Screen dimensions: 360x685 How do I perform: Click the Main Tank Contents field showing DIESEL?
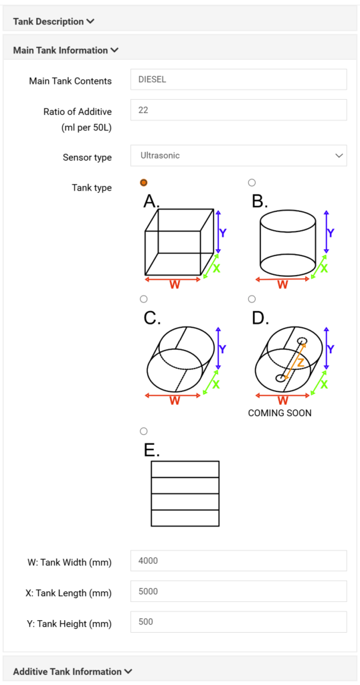[238, 80]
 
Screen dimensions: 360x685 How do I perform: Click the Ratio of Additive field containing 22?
[238, 110]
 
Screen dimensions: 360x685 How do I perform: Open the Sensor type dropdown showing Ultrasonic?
[238, 155]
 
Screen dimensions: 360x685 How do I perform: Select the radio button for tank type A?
[143, 183]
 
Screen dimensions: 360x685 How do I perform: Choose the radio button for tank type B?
[251, 183]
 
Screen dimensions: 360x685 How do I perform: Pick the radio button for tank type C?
[143, 299]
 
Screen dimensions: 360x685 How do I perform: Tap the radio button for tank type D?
[251, 299]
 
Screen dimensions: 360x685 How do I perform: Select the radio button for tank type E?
[143, 431]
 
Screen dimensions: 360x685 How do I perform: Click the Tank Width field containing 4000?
[238, 561]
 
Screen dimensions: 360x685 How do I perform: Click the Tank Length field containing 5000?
[238, 591]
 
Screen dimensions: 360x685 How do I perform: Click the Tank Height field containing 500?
[238, 621]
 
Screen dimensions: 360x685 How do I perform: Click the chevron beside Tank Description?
[90, 21]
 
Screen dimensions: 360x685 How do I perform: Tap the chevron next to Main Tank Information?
[114, 50]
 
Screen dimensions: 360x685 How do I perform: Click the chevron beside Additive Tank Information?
[128, 672]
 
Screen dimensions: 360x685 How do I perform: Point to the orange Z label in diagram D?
[300, 362]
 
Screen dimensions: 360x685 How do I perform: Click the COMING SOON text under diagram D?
[280, 413]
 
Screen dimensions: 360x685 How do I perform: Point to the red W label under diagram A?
[175, 285]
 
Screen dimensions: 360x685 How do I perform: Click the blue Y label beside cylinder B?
[331, 233]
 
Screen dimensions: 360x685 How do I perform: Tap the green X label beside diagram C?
[216, 385]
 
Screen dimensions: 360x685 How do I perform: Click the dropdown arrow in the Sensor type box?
[338, 155]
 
